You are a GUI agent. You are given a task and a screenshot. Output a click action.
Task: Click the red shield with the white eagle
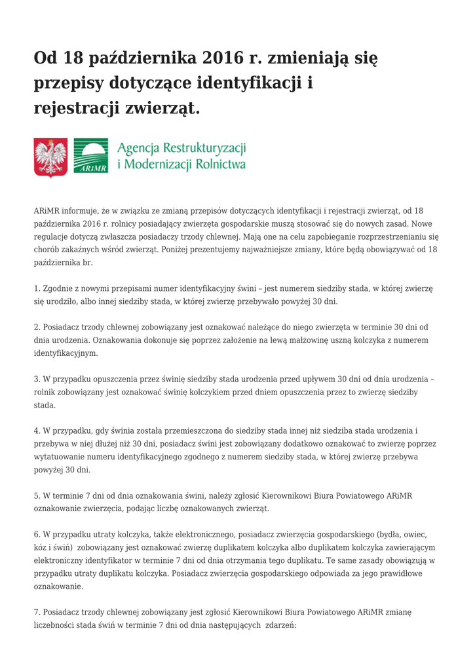point(50,157)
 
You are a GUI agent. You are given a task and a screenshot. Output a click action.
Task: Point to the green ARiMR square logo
point(91,157)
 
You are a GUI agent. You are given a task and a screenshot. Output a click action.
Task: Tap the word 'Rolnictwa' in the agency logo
point(219,164)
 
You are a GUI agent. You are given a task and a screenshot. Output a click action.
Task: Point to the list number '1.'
point(37,288)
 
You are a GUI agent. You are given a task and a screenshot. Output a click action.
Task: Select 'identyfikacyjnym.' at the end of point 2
point(66,353)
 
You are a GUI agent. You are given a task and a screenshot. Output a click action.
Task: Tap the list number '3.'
point(37,379)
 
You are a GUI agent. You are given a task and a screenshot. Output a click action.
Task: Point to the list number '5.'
point(37,495)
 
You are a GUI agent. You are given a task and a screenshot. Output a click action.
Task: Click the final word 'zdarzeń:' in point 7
point(281,625)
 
